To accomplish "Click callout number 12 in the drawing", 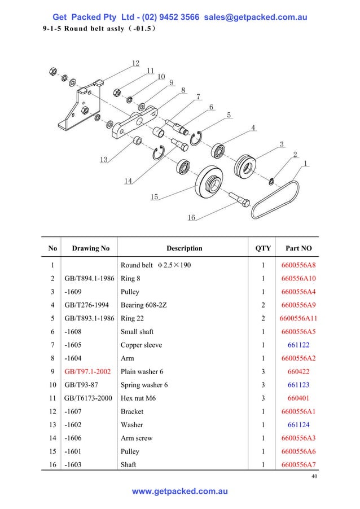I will [136, 63].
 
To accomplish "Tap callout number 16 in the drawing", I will [191, 218].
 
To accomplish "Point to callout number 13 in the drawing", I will [104, 160].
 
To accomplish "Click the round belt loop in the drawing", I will [275, 200].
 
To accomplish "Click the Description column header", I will [184, 248].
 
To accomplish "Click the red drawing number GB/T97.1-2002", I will [87, 372].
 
